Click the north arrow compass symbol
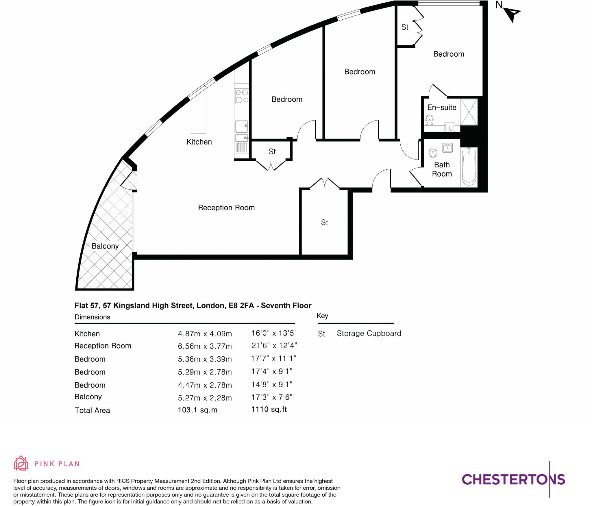(512, 14)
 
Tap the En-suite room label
(441, 107)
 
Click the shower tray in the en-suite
(469, 112)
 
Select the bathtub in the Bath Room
(469, 167)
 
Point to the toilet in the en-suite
(430, 120)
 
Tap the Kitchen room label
(199, 142)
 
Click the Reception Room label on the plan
(226, 208)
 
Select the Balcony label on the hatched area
(105, 246)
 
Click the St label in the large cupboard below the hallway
(324, 223)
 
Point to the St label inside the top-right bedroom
(405, 27)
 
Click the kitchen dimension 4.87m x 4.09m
(205, 334)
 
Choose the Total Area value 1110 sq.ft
(269, 409)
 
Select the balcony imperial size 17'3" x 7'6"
(271, 397)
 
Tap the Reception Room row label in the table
(103, 346)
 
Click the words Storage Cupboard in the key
(369, 333)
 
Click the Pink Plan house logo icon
(21, 464)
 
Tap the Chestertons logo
(513, 480)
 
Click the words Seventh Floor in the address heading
(286, 306)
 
